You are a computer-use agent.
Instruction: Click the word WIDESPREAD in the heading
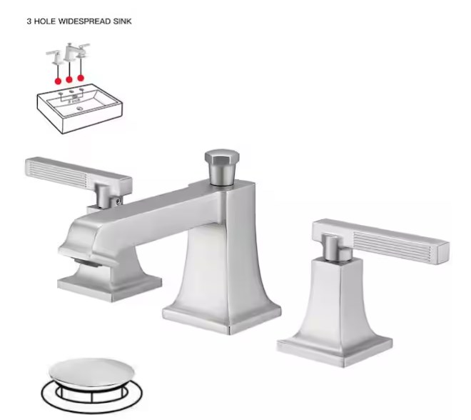(x=84, y=21)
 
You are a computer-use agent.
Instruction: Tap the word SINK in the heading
(x=122, y=21)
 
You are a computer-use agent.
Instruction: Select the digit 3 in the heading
(x=29, y=21)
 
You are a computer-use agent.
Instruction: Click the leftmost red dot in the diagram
(x=58, y=81)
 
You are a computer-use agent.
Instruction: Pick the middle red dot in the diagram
(x=69, y=80)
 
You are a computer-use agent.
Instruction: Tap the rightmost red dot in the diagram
(x=81, y=78)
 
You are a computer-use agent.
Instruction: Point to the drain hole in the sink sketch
(x=79, y=109)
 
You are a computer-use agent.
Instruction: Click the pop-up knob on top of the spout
(x=222, y=166)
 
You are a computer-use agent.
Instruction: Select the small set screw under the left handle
(x=118, y=199)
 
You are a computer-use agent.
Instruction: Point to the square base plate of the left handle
(x=109, y=287)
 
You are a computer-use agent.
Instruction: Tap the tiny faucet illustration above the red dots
(x=69, y=53)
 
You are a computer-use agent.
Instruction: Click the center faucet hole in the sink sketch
(x=71, y=91)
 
